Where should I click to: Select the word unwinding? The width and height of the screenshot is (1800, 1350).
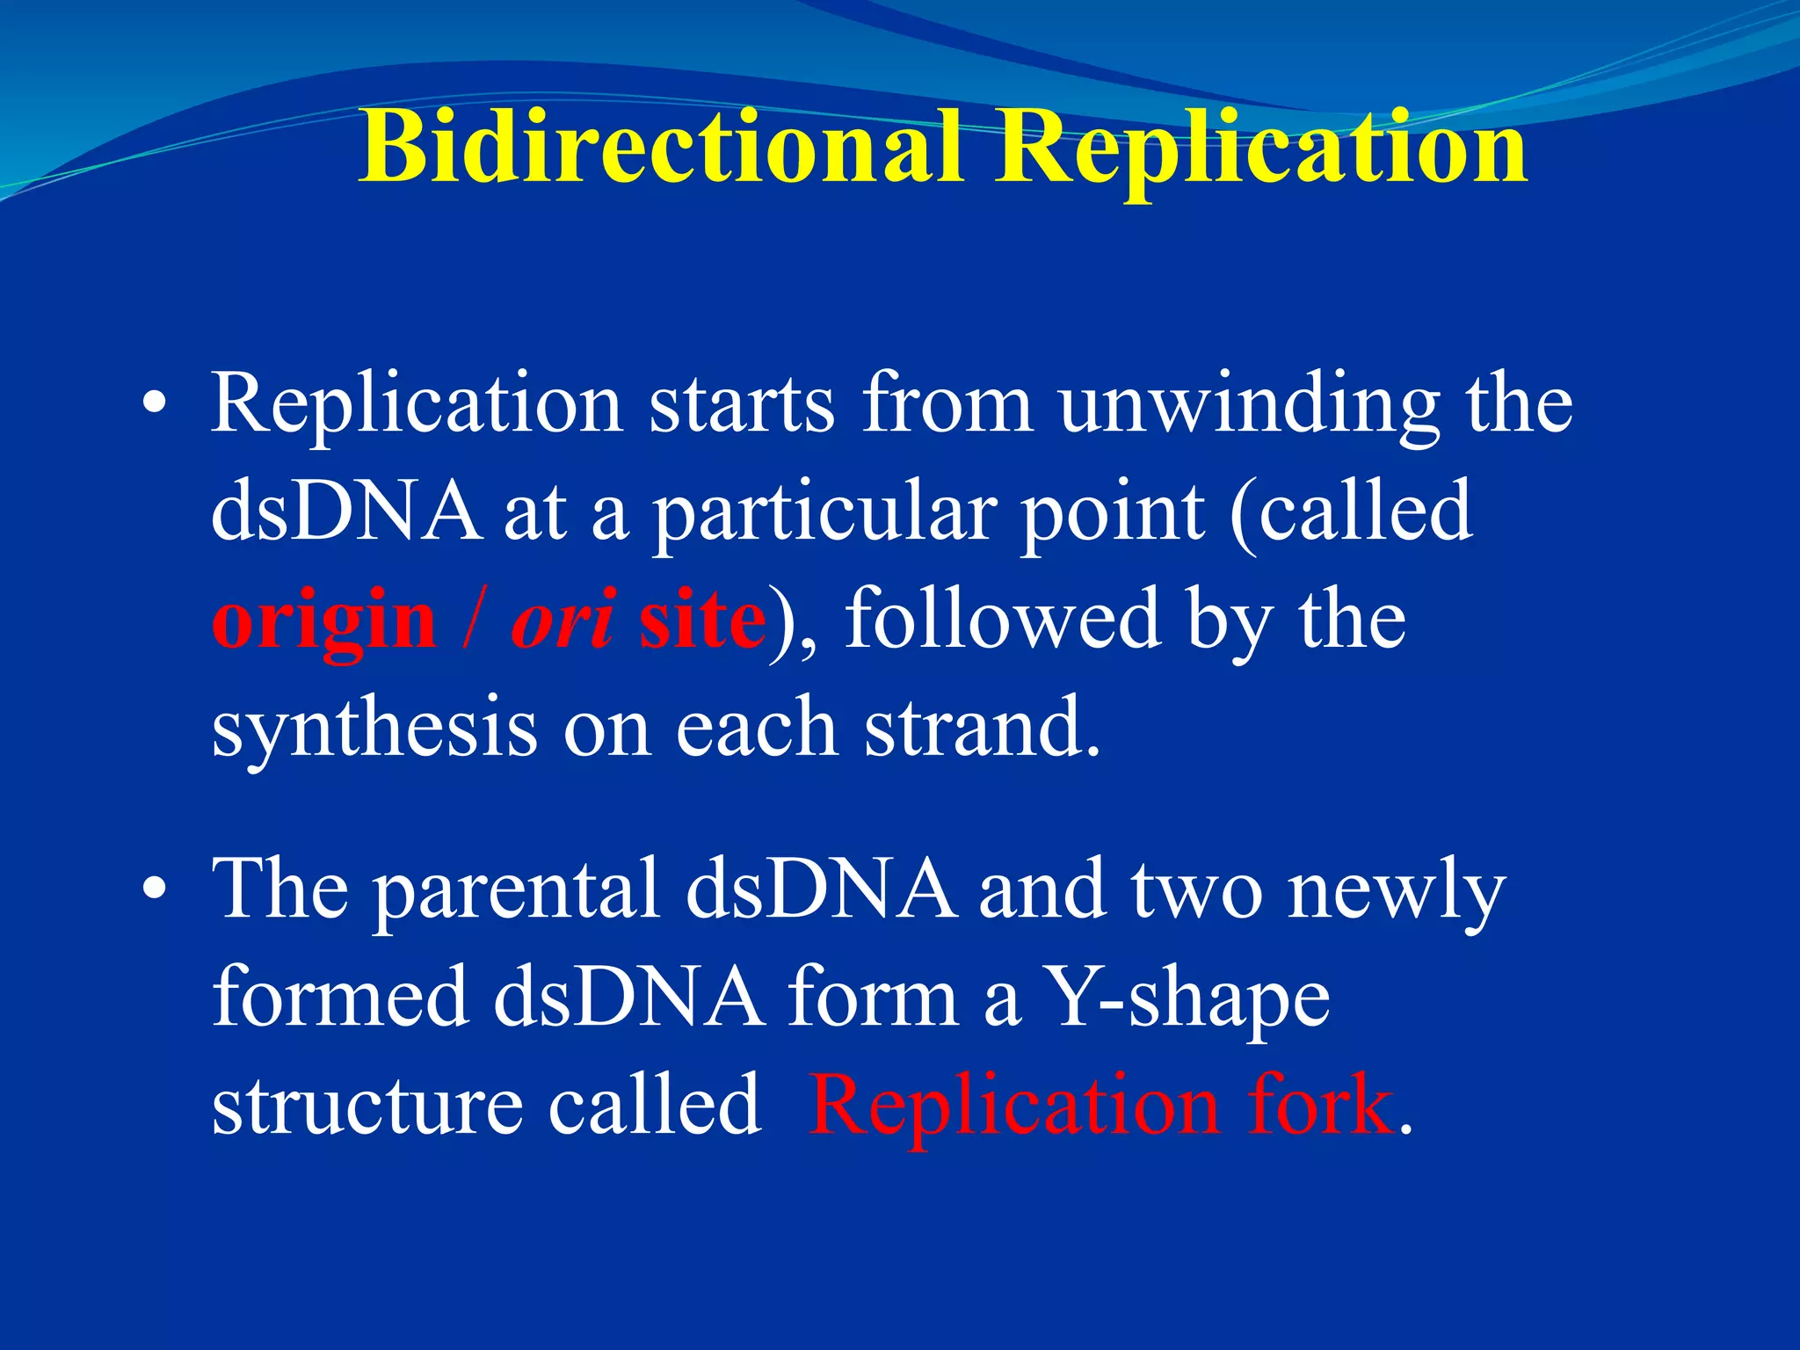[x=1249, y=405]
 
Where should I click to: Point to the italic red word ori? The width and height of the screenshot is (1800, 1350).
[x=562, y=621]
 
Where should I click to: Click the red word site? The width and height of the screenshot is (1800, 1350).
[x=701, y=621]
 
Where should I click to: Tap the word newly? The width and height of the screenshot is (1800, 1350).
[x=1397, y=891]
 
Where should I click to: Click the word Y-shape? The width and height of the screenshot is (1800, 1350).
[x=1191, y=1000]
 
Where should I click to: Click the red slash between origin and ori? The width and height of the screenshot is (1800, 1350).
[x=473, y=621]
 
